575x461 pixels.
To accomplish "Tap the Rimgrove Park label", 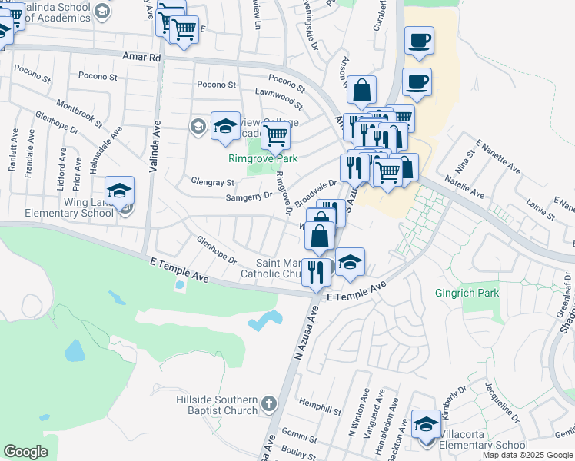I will click(x=262, y=158).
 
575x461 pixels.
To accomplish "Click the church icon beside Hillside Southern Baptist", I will click(x=268, y=403).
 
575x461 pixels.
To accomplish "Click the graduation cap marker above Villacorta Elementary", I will click(x=426, y=424).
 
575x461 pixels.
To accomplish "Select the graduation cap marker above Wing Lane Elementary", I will click(x=119, y=191).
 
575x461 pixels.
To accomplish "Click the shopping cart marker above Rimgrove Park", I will click(x=275, y=136).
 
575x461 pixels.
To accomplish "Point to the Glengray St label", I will click(x=212, y=182).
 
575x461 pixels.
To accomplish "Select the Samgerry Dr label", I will click(x=248, y=196).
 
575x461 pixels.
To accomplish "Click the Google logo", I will click(x=26, y=452).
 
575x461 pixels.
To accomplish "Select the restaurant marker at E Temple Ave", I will click(x=316, y=273).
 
